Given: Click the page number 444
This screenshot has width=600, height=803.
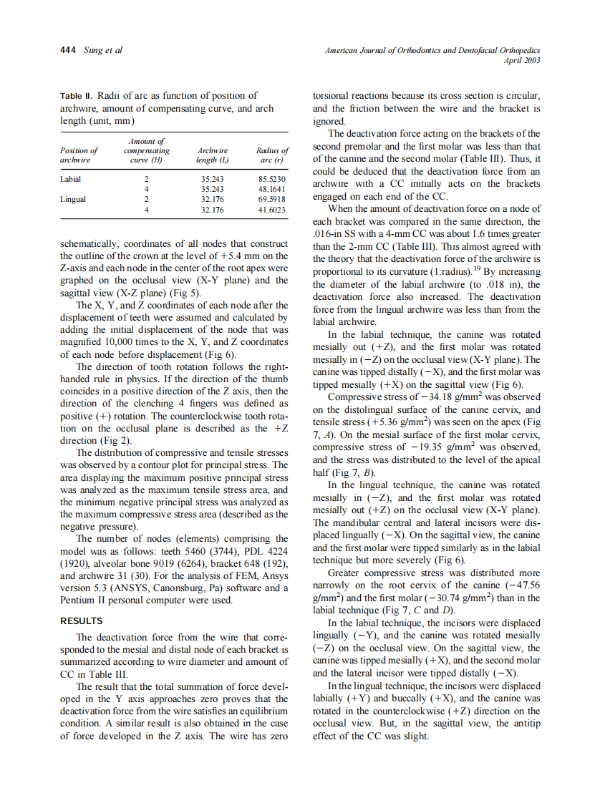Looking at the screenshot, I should click(x=69, y=50).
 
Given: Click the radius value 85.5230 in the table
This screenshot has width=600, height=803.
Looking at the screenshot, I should click(x=273, y=177).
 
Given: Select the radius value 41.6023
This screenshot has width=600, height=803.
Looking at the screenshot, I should click(x=273, y=210).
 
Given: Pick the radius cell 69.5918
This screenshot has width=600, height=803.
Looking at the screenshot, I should click(x=273, y=199).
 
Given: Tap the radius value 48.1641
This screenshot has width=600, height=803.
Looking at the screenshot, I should click(x=273, y=188).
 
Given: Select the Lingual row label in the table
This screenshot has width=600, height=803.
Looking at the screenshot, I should click(x=72, y=199).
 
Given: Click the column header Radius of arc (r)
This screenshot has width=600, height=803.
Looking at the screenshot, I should click(x=272, y=155).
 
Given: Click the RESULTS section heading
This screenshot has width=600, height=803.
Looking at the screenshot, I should click(x=82, y=620).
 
